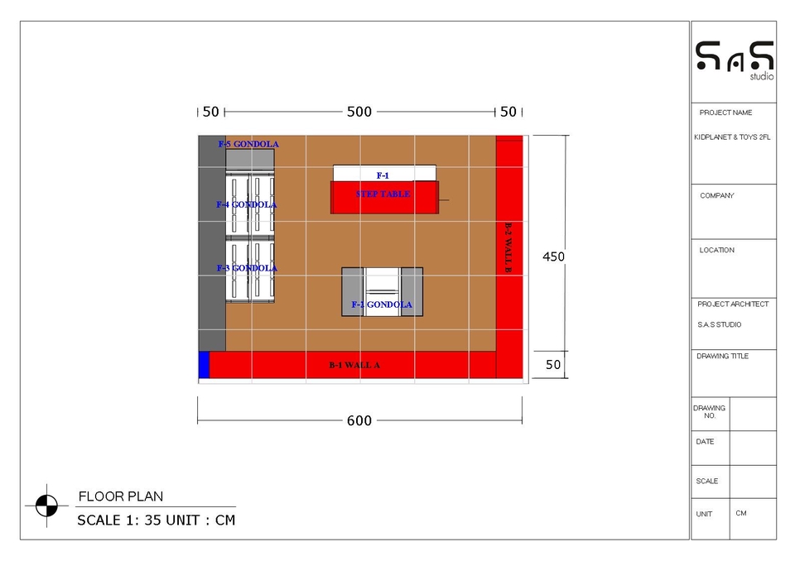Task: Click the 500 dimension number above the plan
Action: [x=359, y=112]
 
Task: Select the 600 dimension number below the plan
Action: [x=359, y=421]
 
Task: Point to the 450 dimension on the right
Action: [x=553, y=257]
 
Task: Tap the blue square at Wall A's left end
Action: [x=204, y=365]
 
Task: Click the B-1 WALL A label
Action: [x=354, y=365]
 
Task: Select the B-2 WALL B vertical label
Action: [x=508, y=247]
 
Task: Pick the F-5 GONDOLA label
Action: [x=248, y=144]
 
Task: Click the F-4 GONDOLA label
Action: [x=247, y=204]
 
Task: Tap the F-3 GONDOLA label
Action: [x=247, y=268]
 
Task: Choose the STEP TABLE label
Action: [x=383, y=194]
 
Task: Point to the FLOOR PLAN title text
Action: [x=121, y=496]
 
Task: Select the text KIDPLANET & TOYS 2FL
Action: [x=732, y=138]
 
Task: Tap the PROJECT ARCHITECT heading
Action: [x=733, y=304]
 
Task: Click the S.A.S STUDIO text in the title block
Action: [x=720, y=325]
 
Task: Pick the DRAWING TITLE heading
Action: [x=723, y=357]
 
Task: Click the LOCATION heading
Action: [x=717, y=250]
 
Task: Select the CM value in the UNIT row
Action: [x=740, y=513]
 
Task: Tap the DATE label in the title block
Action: [x=705, y=442]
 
